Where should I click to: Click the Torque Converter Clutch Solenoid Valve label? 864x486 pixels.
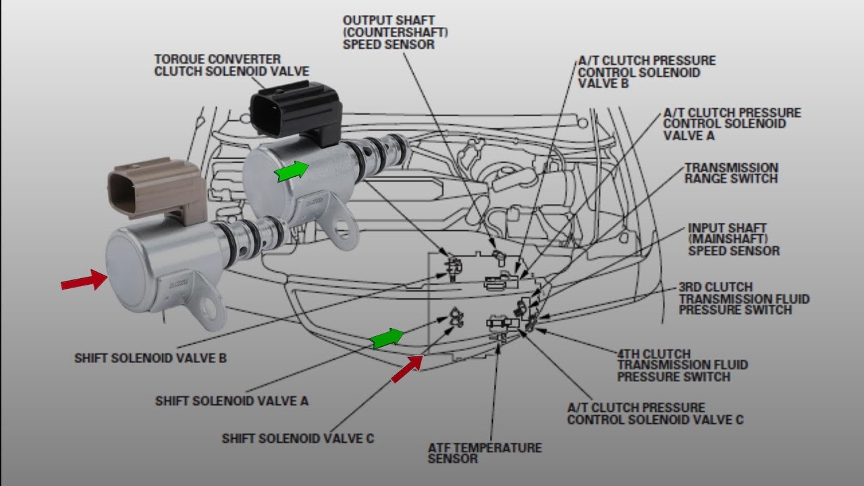point(232,65)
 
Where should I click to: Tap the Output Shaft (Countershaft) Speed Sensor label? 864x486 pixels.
point(396,32)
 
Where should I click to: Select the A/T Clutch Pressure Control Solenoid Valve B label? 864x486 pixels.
point(647,72)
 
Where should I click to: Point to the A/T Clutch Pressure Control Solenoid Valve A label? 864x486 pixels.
point(732,124)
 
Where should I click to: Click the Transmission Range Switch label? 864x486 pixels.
point(731,173)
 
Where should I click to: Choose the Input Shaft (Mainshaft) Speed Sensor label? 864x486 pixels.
point(733,240)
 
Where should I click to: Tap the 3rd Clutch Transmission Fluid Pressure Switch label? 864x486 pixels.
point(744,298)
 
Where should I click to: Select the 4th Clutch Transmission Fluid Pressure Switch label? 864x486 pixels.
point(682,365)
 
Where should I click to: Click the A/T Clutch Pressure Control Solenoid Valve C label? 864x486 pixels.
point(655,414)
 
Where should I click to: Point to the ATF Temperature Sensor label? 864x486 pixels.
point(484,453)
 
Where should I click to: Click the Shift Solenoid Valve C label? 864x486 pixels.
point(298,439)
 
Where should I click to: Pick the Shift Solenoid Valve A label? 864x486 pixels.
point(232,401)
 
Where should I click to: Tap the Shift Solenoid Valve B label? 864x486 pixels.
point(150,358)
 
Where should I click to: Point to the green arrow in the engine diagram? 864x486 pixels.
point(387,338)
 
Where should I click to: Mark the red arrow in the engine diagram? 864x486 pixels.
point(407,369)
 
